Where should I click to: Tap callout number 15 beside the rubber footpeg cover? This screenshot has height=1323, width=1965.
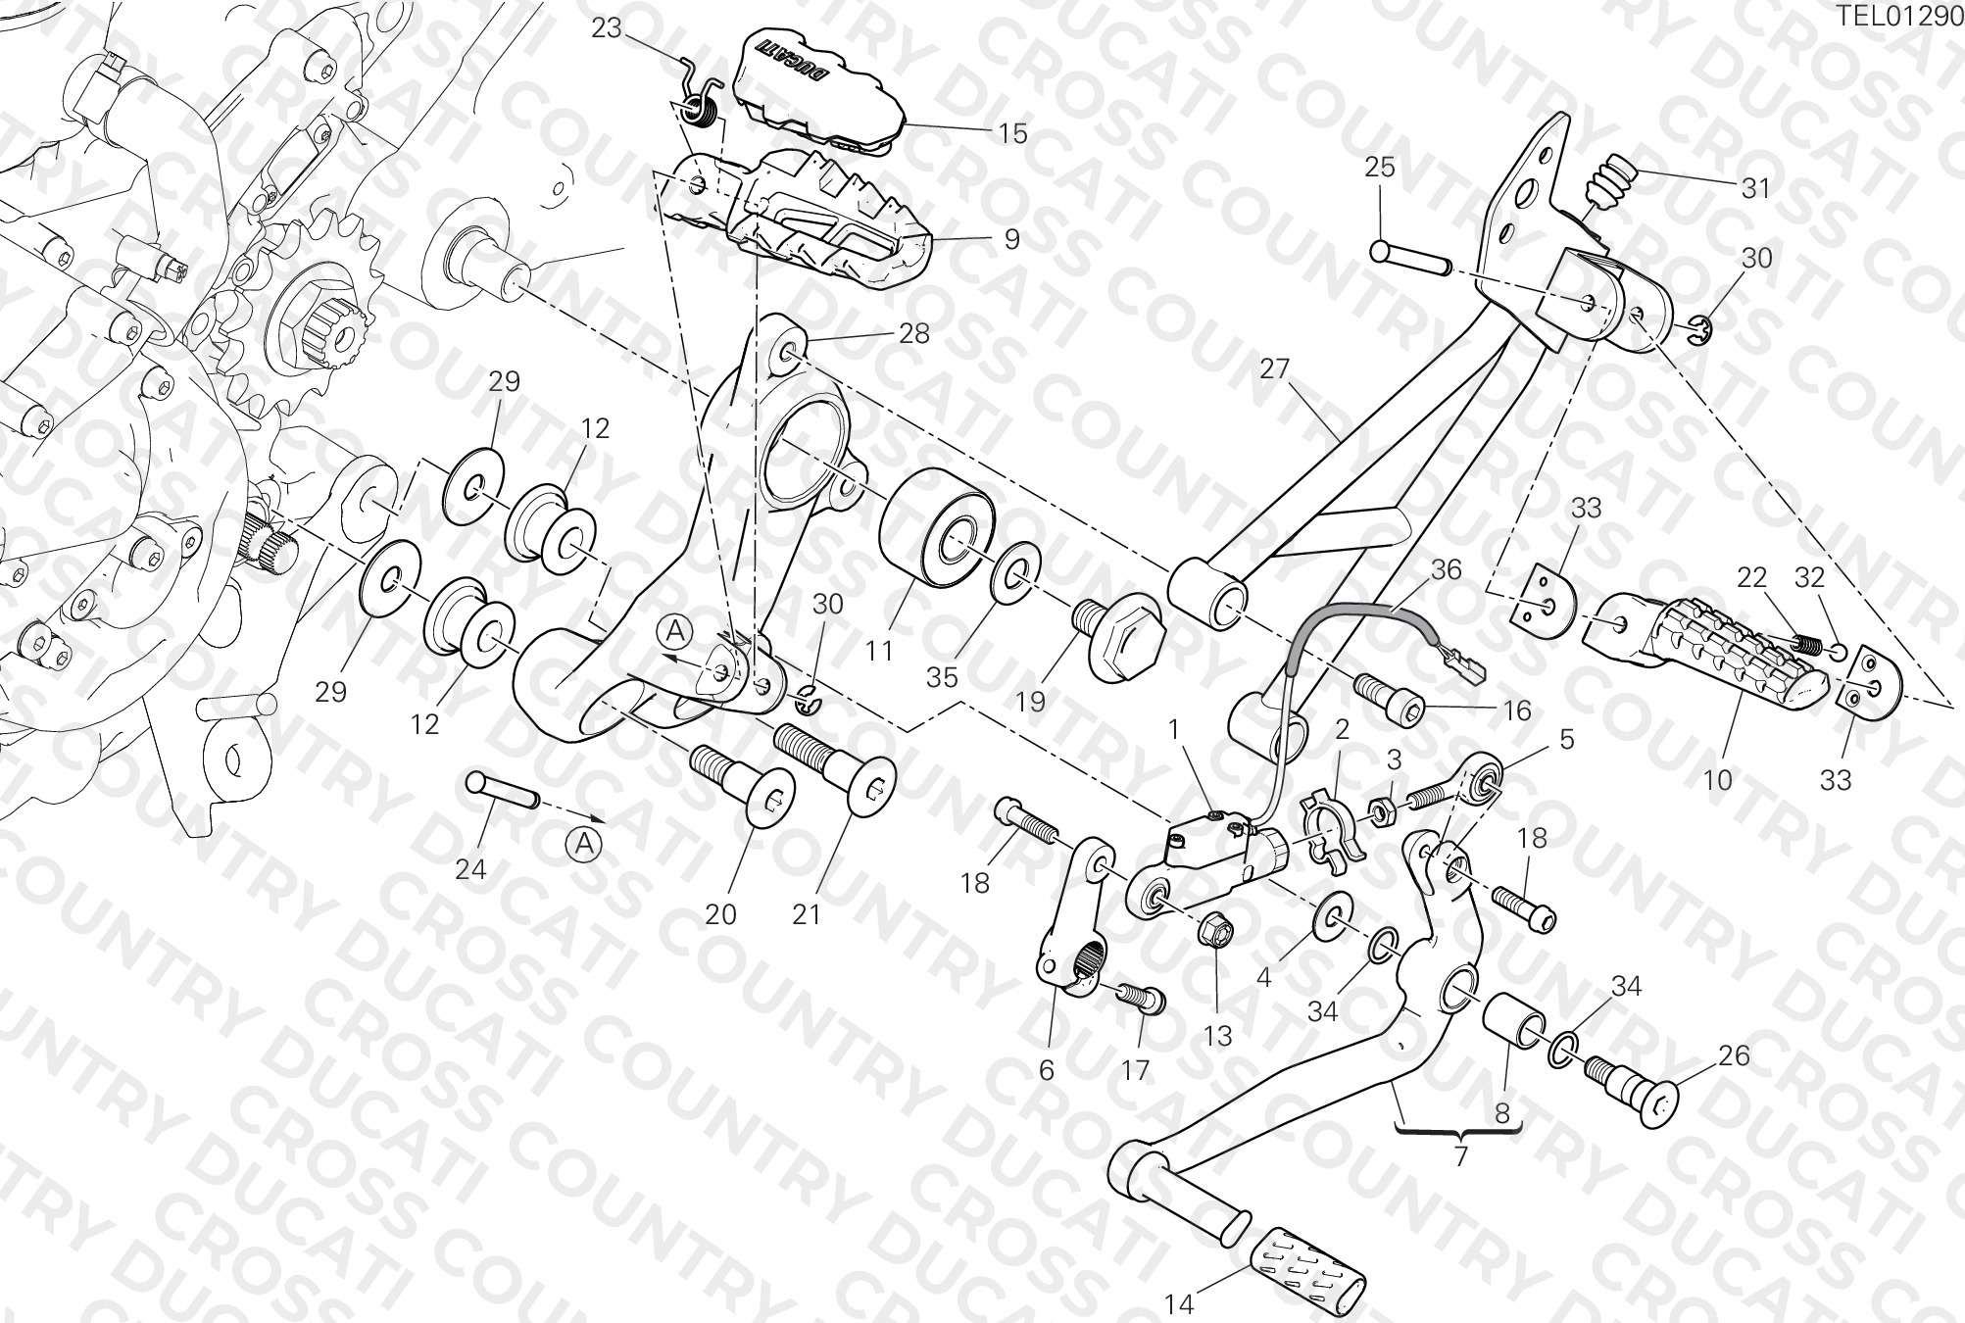pos(1012,132)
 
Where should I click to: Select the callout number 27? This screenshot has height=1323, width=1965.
pos(1274,369)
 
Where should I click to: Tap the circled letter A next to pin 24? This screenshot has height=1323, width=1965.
pos(584,845)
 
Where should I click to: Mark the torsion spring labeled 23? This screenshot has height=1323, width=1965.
pos(698,96)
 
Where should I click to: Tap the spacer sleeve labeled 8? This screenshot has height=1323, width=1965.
pos(1514,1022)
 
